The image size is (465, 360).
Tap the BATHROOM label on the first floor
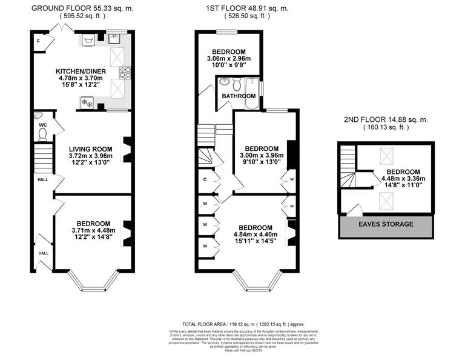(x=238, y=96)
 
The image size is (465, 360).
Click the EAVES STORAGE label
(x=385, y=224)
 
